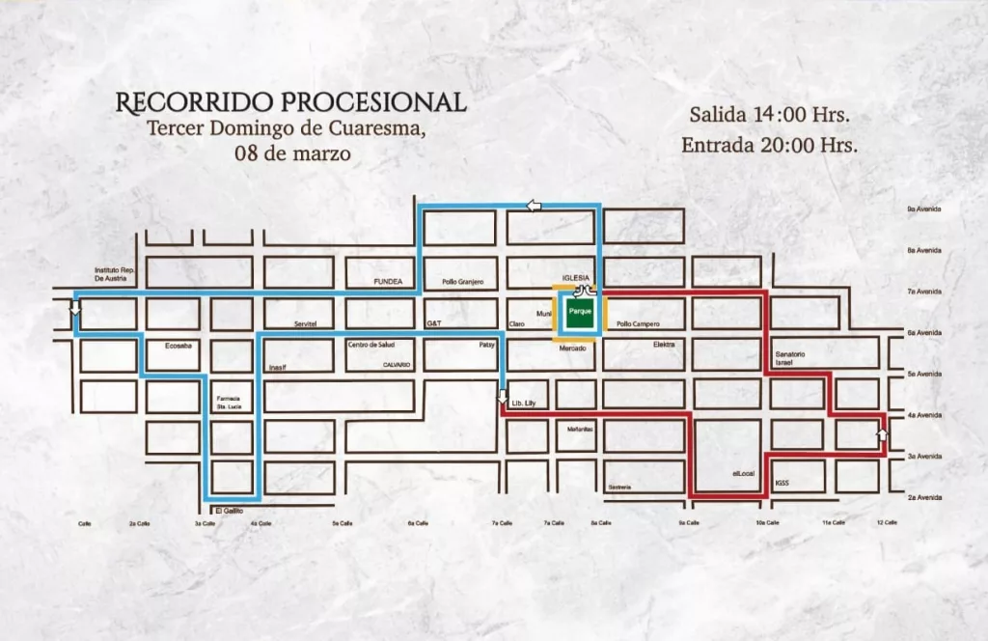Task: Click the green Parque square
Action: [580, 313]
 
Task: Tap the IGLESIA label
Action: [575, 277]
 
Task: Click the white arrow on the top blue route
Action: [535, 205]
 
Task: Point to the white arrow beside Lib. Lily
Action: [503, 394]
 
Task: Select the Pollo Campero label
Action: [637, 324]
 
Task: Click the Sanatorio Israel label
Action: [789, 358]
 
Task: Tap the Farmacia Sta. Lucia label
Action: [229, 403]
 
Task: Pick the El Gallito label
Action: [230, 510]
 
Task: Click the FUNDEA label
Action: [387, 282]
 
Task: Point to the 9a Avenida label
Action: [923, 209]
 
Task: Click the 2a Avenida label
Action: [923, 497]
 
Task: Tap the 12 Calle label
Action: [886, 522]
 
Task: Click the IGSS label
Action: [782, 482]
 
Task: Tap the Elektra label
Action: [664, 344]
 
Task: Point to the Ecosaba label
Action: [178, 344]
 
